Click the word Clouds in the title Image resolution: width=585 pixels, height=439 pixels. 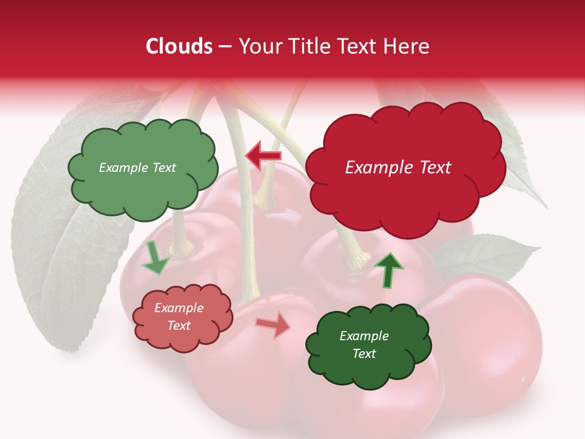[x=179, y=46]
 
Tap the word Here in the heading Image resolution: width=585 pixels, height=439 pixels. [x=407, y=46]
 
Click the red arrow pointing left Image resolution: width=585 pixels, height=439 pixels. [x=263, y=155]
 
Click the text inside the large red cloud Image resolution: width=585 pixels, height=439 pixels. [x=398, y=168]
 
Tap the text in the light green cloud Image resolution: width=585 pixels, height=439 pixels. [x=137, y=168]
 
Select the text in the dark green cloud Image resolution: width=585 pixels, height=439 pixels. [x=364, y=344]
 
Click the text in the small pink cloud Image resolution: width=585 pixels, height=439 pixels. [x=179, y=316]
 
